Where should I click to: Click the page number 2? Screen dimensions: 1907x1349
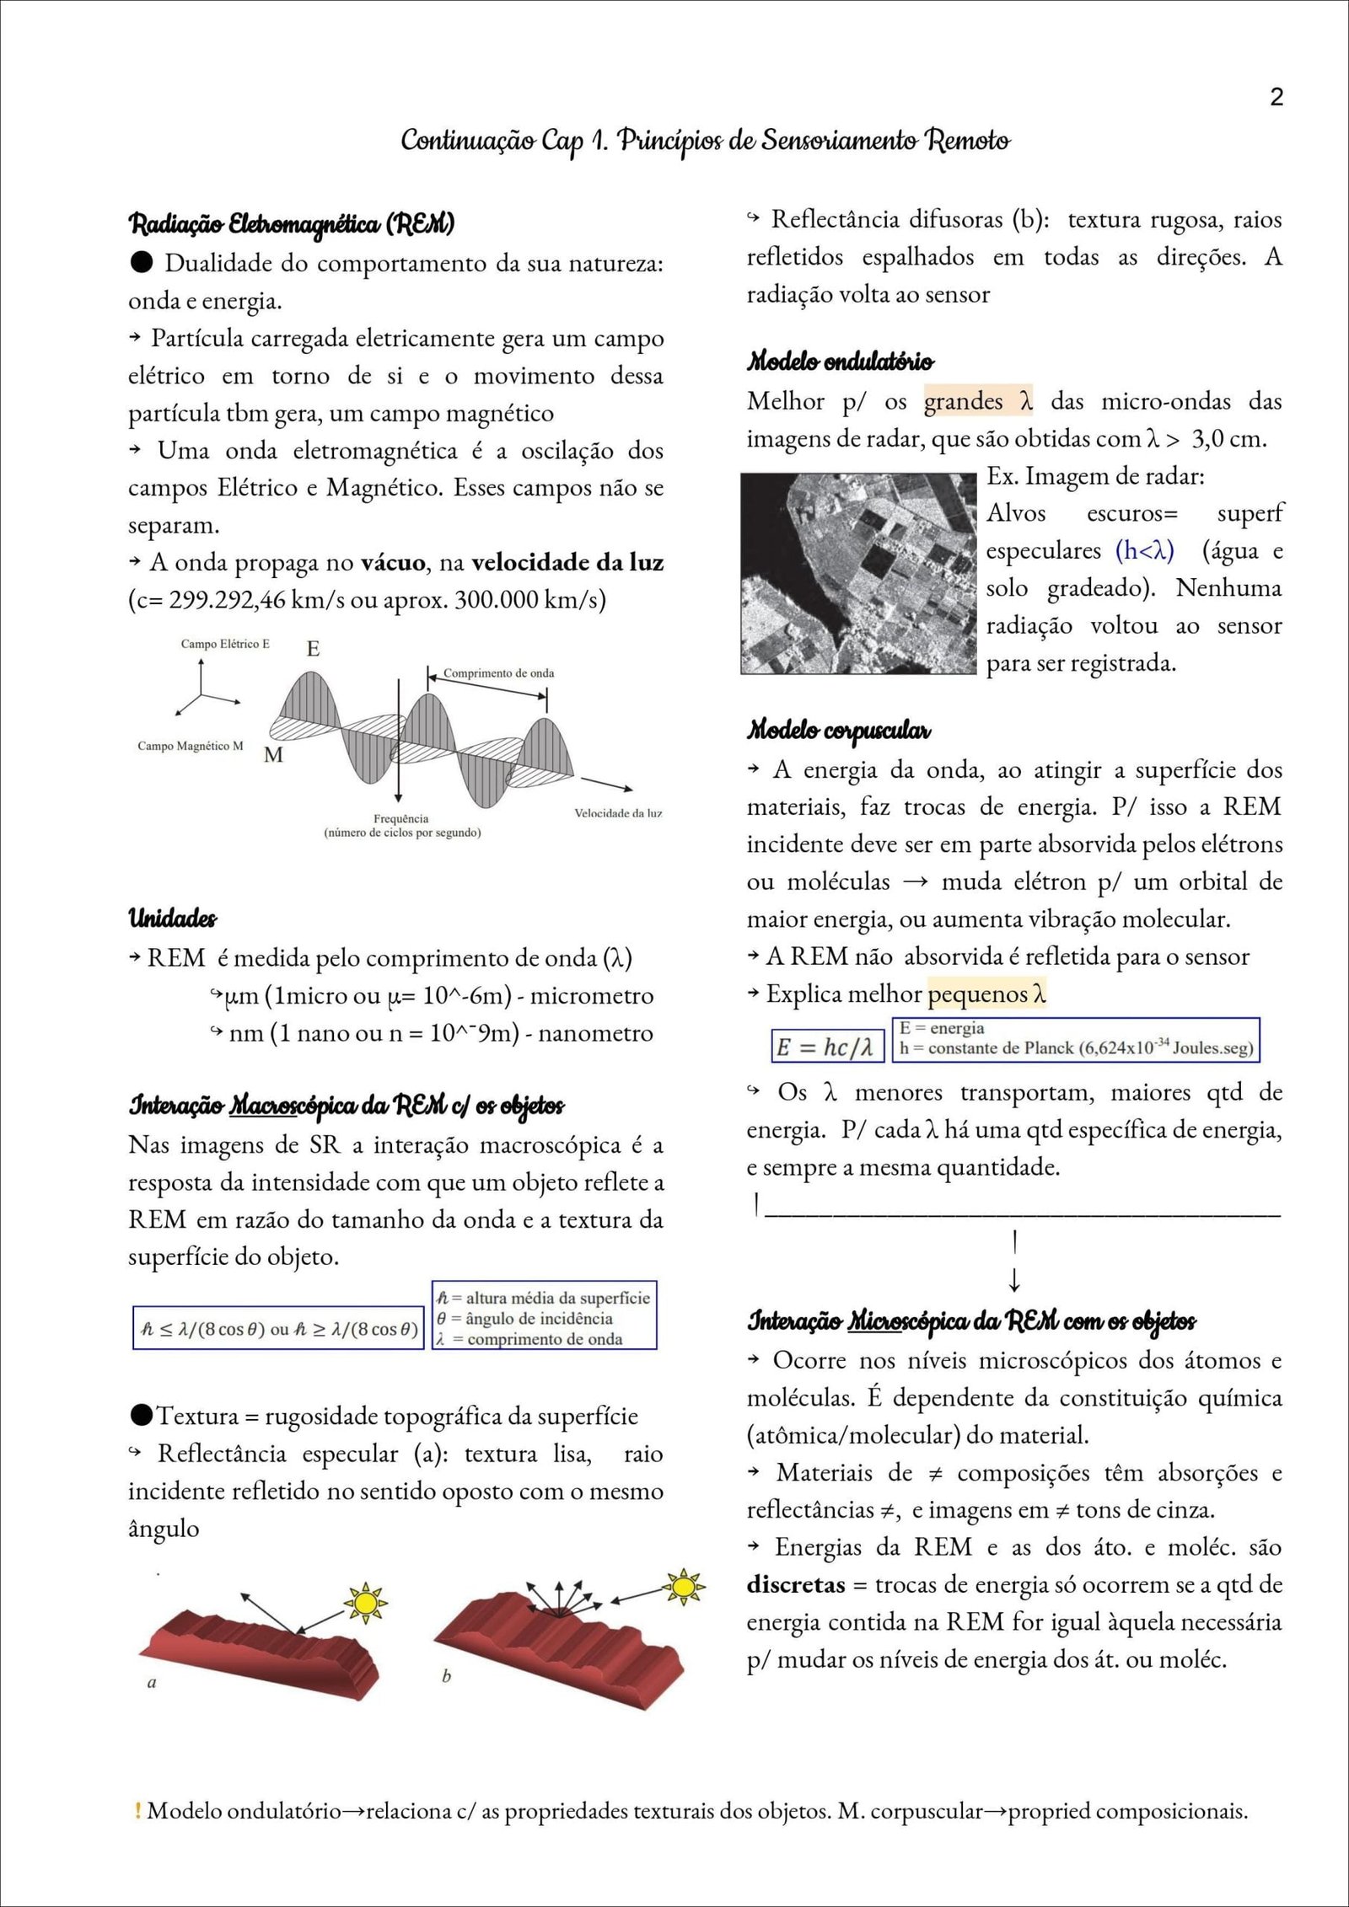coord(1276,97)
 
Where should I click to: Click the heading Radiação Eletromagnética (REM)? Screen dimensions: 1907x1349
coord(291,225)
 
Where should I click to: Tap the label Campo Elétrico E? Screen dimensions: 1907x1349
coord(225,644)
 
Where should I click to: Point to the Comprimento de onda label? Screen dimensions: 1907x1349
coord(498,673)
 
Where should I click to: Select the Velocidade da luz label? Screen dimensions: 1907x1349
coord(618,813)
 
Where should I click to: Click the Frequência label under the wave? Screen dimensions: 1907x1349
coord(401,819)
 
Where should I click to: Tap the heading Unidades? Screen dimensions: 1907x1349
coord(172,919)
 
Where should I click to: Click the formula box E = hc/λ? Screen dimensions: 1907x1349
coord(826,1047)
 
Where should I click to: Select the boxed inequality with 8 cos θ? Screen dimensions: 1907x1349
coord(278,1329)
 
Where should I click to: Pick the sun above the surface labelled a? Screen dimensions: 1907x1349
coord(365,1601)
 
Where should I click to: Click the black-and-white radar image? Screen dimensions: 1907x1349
coord(857,573)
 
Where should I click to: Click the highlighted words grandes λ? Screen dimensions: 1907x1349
coord(978,402)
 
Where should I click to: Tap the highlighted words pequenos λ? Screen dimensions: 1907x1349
coord(986,994)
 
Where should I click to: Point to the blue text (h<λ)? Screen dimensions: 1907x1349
coord(1144,551)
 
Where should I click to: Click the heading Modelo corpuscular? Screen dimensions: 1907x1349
coord(839,730)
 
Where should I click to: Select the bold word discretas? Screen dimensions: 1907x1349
coord(795,1585)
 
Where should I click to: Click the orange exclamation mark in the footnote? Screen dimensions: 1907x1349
coord(137,1811)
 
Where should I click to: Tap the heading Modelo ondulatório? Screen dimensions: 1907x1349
coord(840,362)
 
